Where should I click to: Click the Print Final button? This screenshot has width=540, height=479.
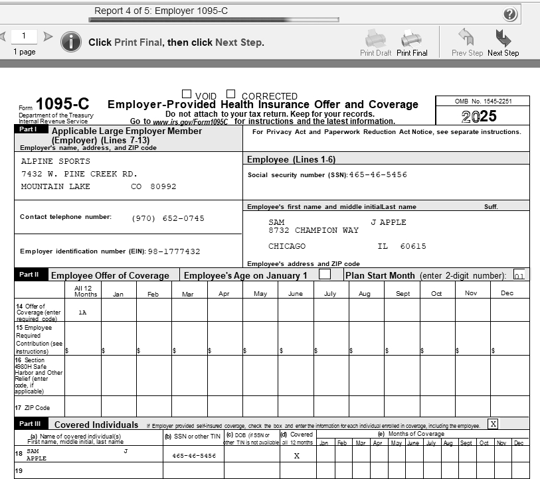pos(412,41)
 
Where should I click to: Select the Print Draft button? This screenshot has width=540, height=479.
pos(375,41)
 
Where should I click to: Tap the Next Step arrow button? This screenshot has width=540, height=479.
pos(503,41)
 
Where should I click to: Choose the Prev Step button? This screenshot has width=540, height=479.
pos(467,41)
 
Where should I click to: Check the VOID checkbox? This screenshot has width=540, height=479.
pos(187,95)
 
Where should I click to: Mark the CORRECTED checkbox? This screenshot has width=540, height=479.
pos(231,95)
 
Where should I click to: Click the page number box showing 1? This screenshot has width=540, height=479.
pos(25,36)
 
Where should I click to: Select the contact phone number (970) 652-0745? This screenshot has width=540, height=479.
pos(168,218)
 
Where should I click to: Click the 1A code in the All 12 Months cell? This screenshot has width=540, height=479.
pos(82,312)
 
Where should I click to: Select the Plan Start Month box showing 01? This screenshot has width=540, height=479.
pos(519,275)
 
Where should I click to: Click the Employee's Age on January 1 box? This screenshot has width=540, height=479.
pos(325,274)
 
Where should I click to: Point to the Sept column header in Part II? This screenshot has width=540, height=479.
pos(403,294)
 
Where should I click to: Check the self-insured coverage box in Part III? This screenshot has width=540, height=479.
pos(492,423)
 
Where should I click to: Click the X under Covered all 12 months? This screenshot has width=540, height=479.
pos(296,456)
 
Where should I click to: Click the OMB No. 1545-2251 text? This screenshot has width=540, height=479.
pos(483,102)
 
